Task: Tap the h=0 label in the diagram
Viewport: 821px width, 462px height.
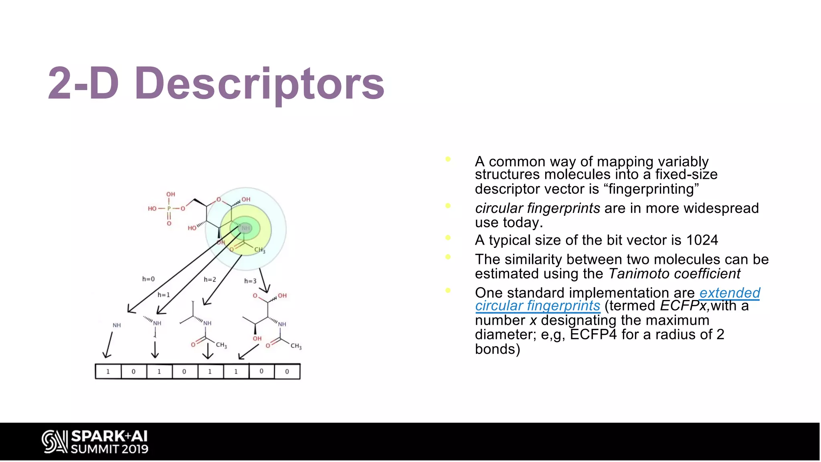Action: tap(148, 279)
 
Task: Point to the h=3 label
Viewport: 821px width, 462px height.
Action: tap(250, 281)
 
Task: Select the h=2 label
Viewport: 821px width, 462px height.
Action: tap(210, 280)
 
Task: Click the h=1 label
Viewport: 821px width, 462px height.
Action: tap(164, 295)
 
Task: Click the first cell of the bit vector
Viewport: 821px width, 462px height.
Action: tap(108, 371)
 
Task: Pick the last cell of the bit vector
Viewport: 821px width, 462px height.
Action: tap(287, 371)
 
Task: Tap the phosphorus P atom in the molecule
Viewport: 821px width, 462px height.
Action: tap(169, 209)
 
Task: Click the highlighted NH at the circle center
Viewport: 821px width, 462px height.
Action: tap(245, 228)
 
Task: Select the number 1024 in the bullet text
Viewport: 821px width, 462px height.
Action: tap(702, 240)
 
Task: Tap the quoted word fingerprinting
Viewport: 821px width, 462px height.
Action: tap(651, 189)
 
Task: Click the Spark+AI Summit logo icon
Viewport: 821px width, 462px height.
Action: tap(54, 442)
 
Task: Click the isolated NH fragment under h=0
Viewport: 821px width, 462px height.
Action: tap(117, 325)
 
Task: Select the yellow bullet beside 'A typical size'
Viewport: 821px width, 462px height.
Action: tap(448, 238)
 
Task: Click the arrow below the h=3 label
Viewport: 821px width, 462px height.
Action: tap(264, 280)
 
